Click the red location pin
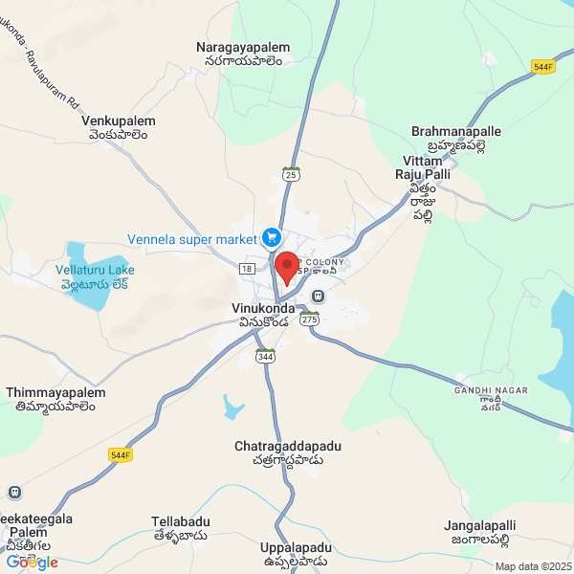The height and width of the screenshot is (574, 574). click(x=286, y=266)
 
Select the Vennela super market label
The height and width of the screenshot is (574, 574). click(x=192, y=238)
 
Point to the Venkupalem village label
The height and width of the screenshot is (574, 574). click(x=119, y=128)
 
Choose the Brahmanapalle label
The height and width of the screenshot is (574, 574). click(x=455, y=137)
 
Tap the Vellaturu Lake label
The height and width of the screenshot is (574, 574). click(x=95, y=276)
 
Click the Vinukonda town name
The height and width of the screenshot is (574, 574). click(x=264, y=316)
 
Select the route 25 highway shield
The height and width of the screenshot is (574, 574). click(x=292, y=173)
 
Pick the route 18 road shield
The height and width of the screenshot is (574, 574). click(x=248, y=270)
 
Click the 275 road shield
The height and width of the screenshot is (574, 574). click(x=308, y=320)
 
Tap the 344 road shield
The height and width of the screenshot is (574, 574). click(x=265, y=356)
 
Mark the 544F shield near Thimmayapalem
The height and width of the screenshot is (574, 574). click(x=121, y=454)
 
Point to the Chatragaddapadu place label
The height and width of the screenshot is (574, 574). click(x=288, y=453)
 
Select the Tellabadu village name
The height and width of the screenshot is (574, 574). click(x=179, y=528)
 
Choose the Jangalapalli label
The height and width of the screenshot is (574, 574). click(x=479, y=532)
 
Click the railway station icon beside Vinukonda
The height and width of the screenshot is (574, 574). click(x=318, y=296)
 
